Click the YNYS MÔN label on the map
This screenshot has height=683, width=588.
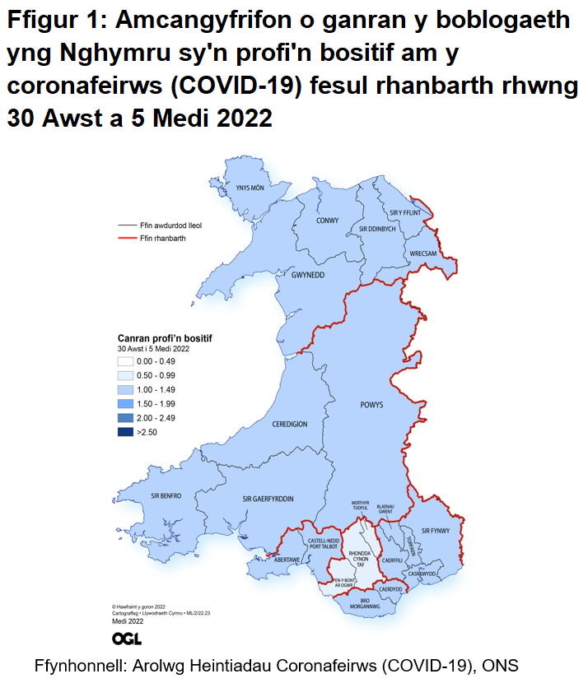click(x=250, y=188)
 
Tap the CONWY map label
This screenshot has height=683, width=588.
click(x=328, y=221)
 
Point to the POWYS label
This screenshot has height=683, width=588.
click(x=372, y=404)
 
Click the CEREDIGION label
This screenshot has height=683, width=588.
click(x=290, y=424)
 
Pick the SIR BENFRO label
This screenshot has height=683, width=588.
click(x=166, y=495)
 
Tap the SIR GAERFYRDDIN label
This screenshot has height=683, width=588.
click(x=268, y=499)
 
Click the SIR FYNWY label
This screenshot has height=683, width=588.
click(x=434, y=531)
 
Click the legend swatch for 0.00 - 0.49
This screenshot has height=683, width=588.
click(x=125, y=360)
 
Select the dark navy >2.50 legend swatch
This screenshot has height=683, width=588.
click(x=125, y=431)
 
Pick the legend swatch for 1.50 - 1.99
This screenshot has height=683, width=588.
click(x=125, y=403)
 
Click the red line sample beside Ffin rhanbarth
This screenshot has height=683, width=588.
click(x=127, y=238)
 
